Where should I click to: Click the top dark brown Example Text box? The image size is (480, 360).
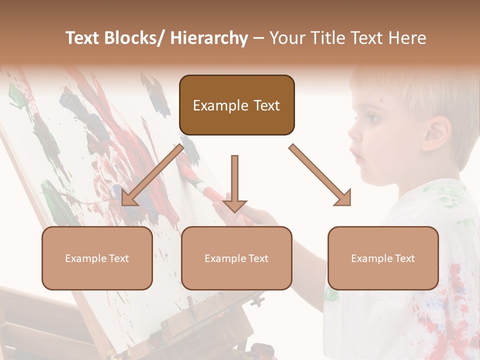[236, 105]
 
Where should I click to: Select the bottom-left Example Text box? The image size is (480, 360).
[97, 258]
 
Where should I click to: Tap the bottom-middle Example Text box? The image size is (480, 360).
[236, 258]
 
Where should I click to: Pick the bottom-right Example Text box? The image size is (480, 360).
[383, 258]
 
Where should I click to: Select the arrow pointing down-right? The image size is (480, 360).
[320, 175]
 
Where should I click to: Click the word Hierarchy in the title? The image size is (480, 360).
[209, 38]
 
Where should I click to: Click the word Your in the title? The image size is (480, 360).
[286, 38]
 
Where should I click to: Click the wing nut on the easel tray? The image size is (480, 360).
[257, 300]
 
